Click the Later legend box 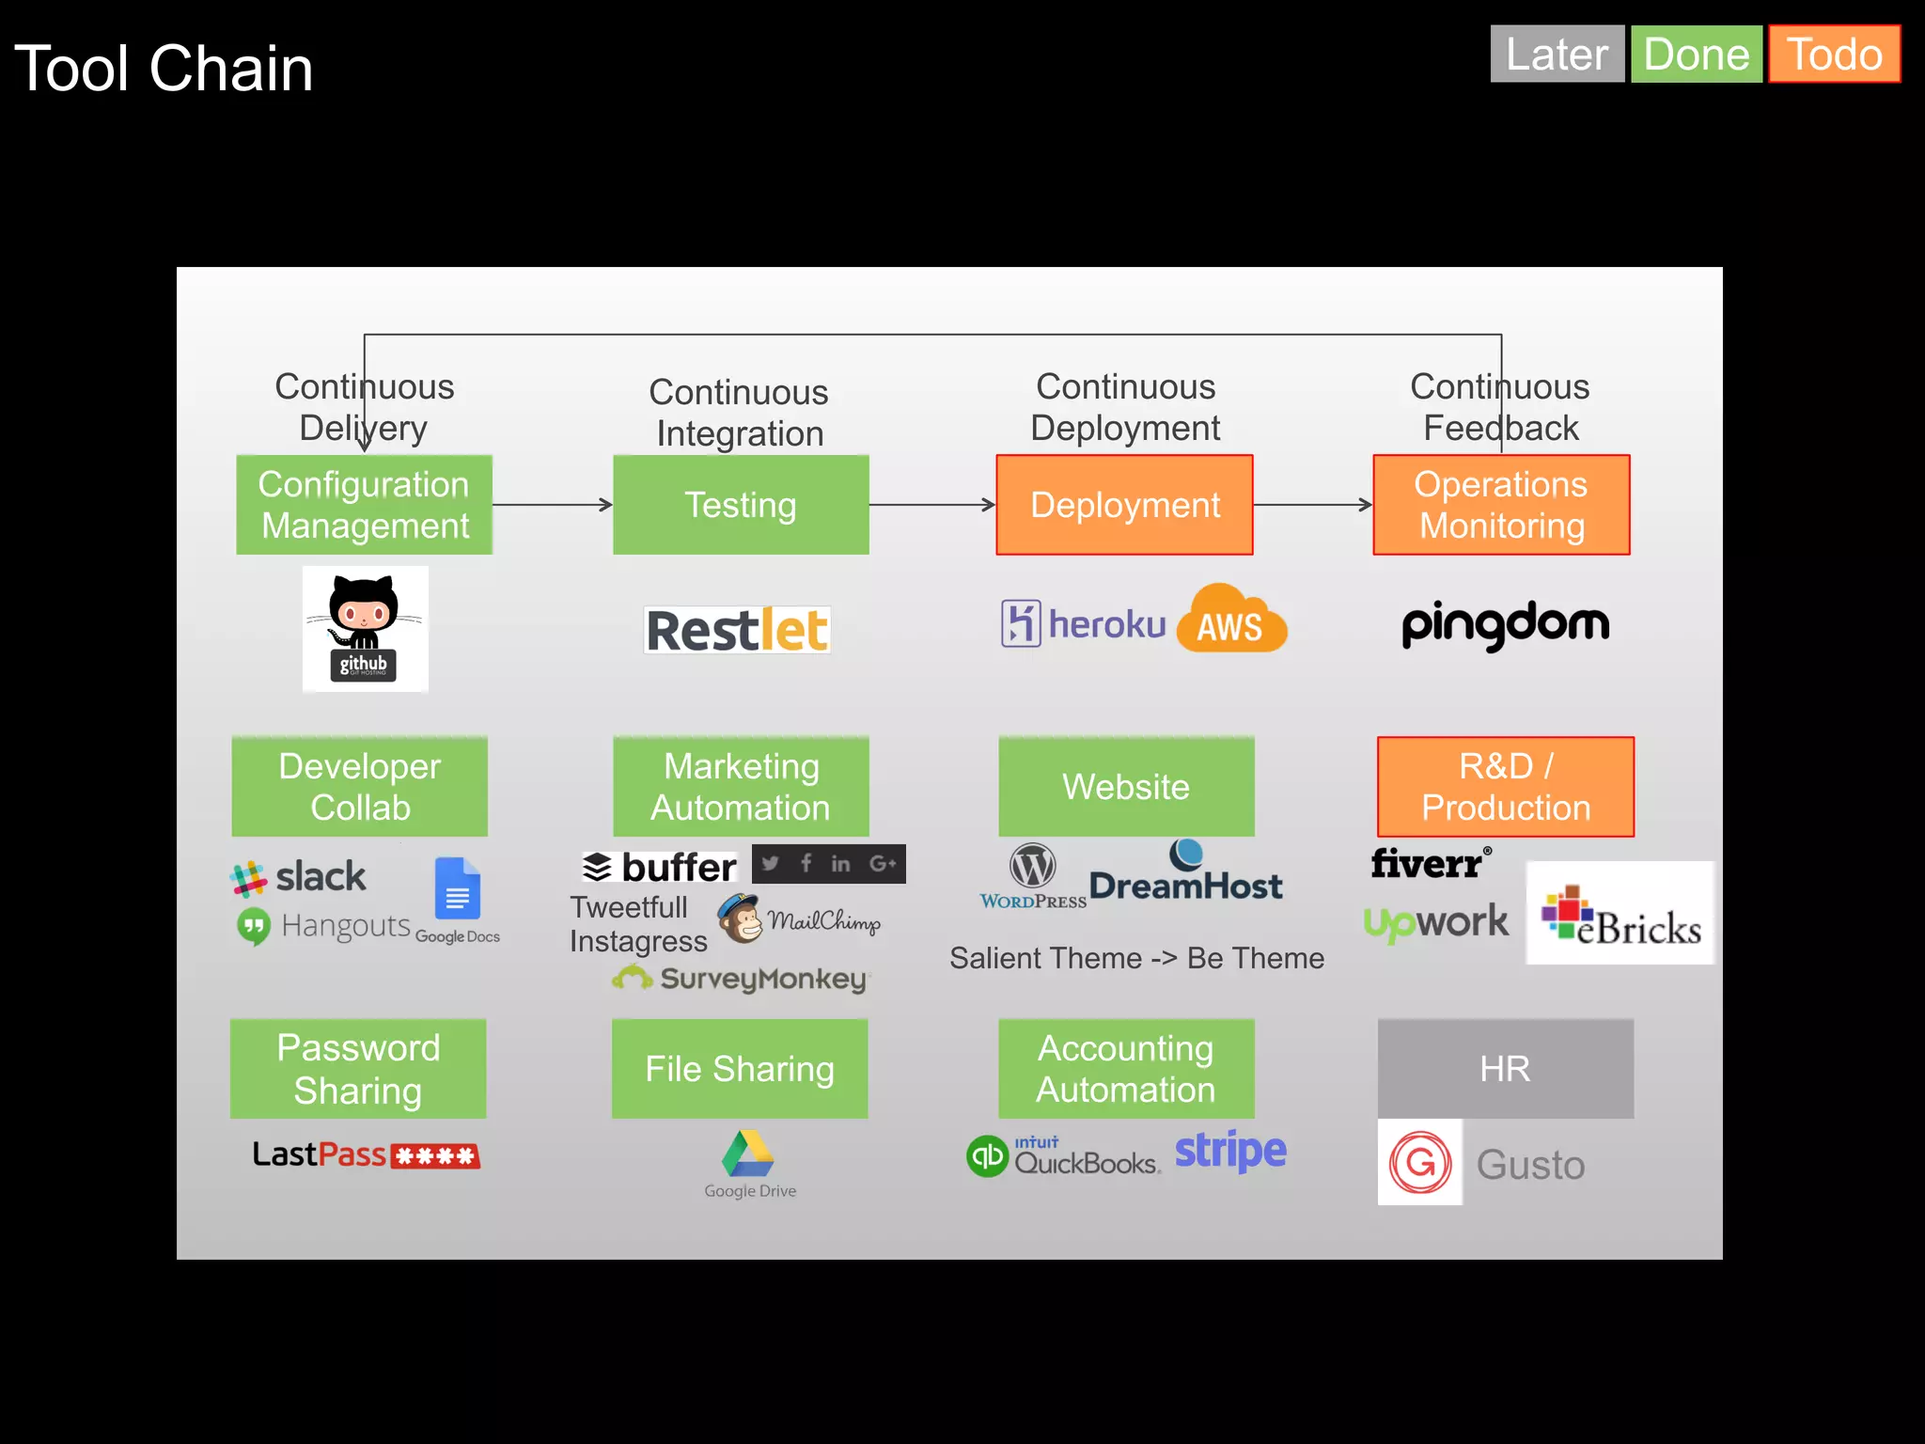tap(1557, 55)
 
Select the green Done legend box tap(1696, 55)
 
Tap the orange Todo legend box tap(1834, 55)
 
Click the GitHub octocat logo tap(365, 628)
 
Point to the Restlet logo tap(738, 630)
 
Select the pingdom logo tap(1505, 624)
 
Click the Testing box tap(741, 505)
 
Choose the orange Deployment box tap(1124, 505)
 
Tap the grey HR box tap(1505, 1069)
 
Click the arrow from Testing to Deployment tap(931, 505)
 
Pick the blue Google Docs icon tap(458, 888)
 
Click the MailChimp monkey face tap(741, 918)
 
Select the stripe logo tap(1229, 1151)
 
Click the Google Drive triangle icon tap(748, 1154)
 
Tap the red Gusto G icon tap(1419, 1163)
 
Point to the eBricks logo tap(1620, 914)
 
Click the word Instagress tap(638, 942)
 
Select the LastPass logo tap(366, 1154)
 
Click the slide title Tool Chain tap(164, 69)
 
